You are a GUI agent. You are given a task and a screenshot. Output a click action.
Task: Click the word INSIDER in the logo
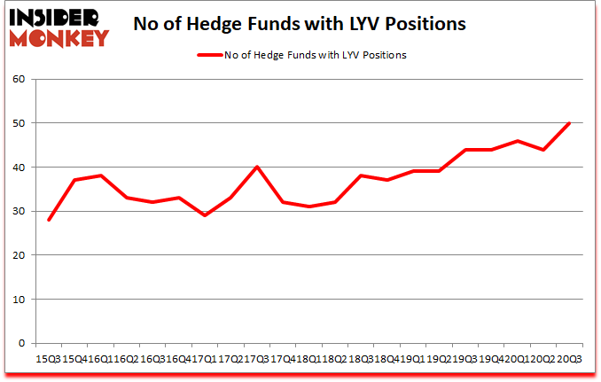[x=56, y=16]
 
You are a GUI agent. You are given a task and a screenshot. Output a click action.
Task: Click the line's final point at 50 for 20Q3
[x=568, y=123]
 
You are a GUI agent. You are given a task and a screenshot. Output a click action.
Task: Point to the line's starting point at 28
[x=49, y=220]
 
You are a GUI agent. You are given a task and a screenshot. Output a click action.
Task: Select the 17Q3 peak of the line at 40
[x=257, y=168]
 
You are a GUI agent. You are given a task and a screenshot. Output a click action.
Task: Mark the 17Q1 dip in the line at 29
[x=205, y=215]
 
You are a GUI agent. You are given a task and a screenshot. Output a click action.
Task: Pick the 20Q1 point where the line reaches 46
[x=517, y=141]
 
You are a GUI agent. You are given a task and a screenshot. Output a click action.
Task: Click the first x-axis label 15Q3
[x=48, y=358]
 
